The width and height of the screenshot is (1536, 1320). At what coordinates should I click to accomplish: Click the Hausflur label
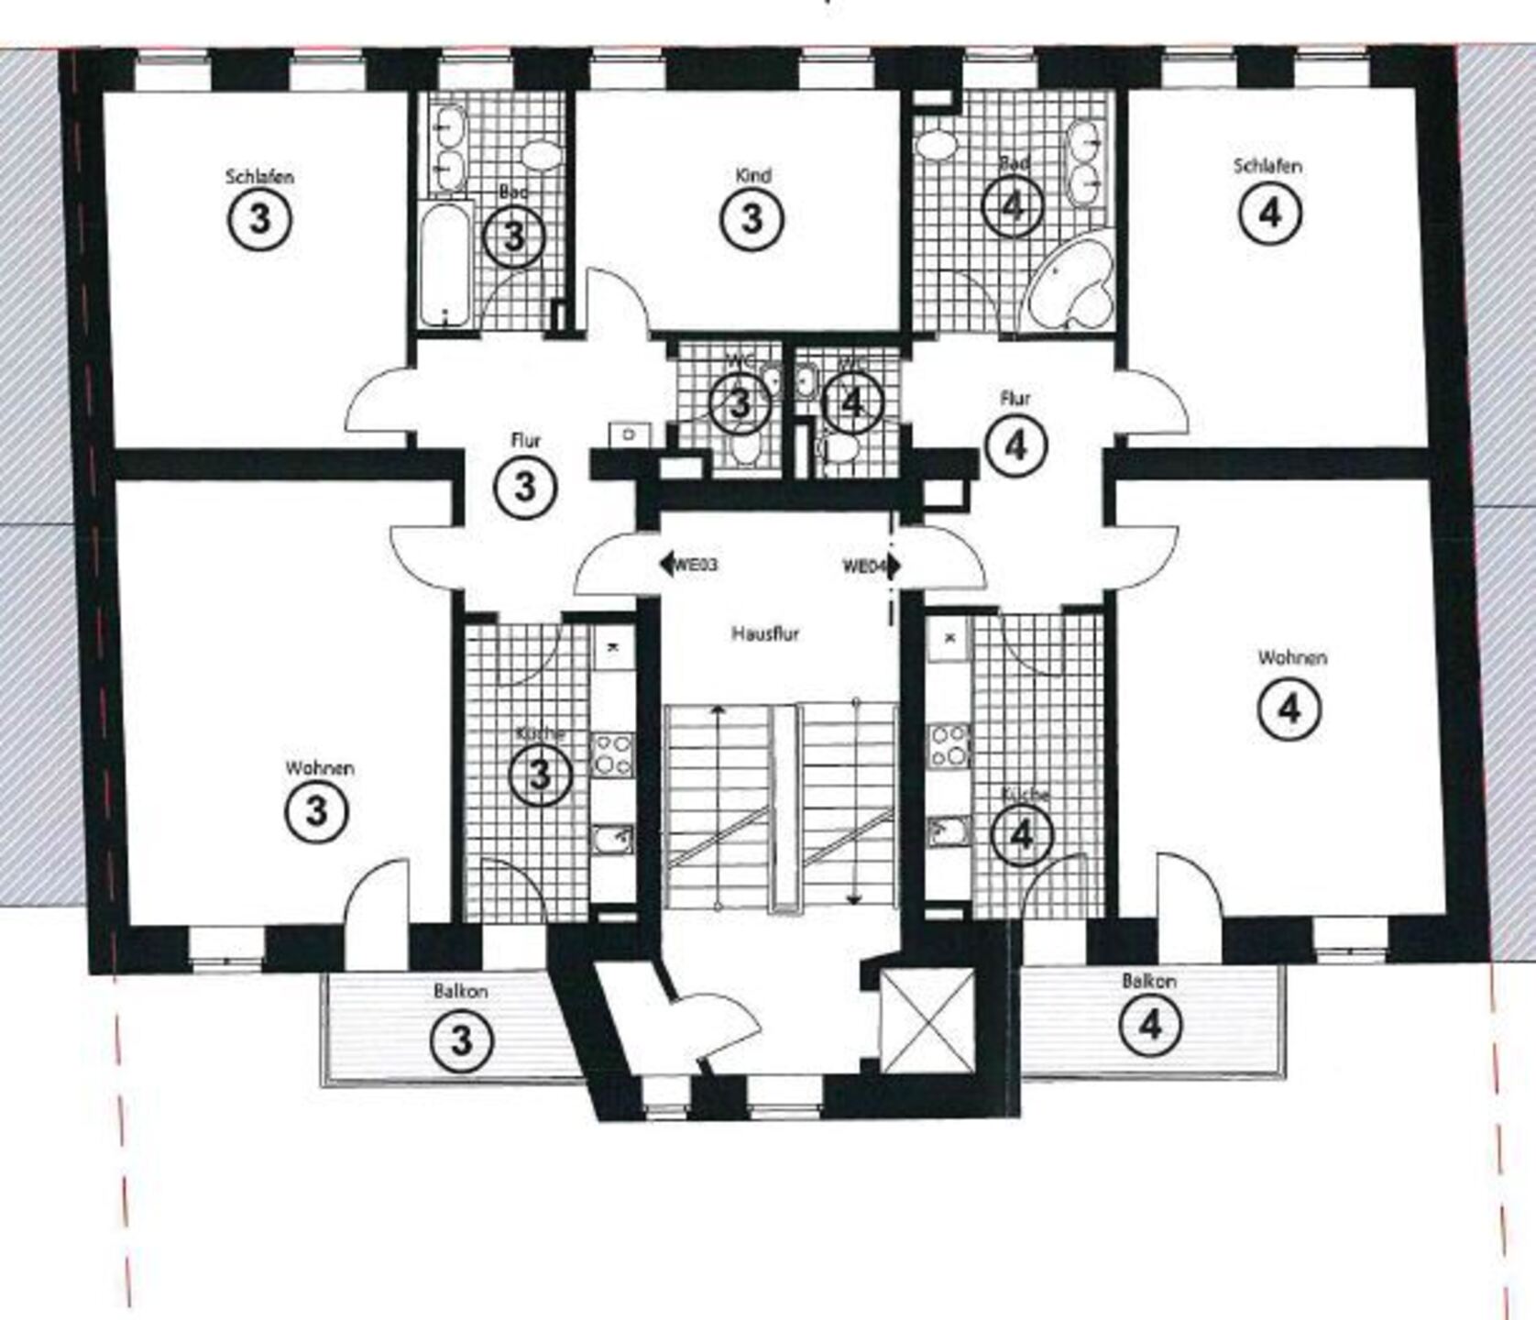pyautogui.click(x=764, y=633)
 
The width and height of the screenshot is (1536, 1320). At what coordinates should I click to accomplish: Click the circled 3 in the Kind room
pyautogui.click(x=752, y=219)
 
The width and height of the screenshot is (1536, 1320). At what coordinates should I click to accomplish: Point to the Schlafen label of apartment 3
pyautogui.click(x=259, y=176)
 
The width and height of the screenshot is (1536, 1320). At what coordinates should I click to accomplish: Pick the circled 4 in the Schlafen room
pyautogui.click(x=1269, y=213)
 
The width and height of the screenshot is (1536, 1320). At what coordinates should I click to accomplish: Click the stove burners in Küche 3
pyautogui.click(x=612, y=754)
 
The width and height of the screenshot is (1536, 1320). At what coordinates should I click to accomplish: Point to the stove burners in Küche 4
pyautogui.click(x=949, y=745)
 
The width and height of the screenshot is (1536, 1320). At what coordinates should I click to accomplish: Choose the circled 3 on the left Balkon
pyautogui.click(x=462, y=1039)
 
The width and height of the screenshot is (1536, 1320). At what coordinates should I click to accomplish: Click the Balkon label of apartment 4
pyautogui.click(x=1148, y=981)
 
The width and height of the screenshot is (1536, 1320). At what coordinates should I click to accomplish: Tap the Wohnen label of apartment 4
pyautogui.click(x=1291, y=657)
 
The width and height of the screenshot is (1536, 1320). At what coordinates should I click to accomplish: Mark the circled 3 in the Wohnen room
pyautogui.click(x=316, y=810)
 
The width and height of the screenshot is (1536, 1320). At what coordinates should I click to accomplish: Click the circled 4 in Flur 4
pyautogui.click(x=1015, y=446)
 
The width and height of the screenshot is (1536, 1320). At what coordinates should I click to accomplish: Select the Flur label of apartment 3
pyautogui.click(x=525, y=441)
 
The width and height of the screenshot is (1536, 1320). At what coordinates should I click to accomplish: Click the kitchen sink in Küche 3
pyautogui.click(x=611, y=838)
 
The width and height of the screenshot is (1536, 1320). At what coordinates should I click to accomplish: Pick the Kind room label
pyautogui.click(x=752, y=175)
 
